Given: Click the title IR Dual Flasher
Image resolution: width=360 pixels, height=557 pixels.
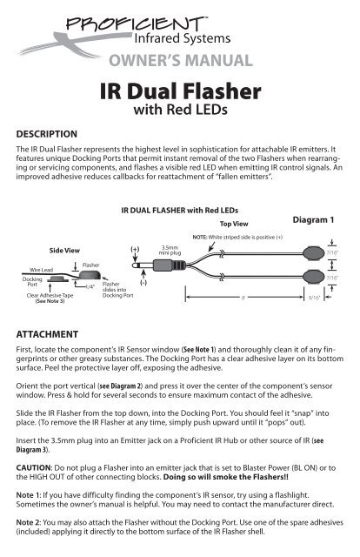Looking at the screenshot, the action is pos(179,92).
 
